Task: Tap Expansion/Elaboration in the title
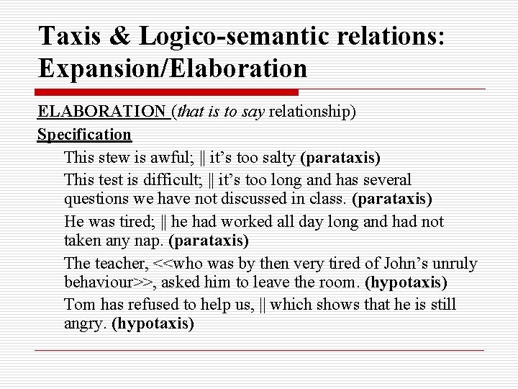pyautogui.click(x=173, y=68)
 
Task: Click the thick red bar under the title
pyautogui.click(x=167, y=92)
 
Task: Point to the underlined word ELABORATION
pyautogui.click(x=101, y=112)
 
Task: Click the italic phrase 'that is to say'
pyautogui.click(x=220, y=112)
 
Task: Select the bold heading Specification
pyautogui.click(x=84, y=134)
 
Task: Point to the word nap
pyautogui.click(x=150, y=241)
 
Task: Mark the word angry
pyautogui.click(x=86, y=323)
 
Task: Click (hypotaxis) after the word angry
pyautogui.click(x=153, y=323)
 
